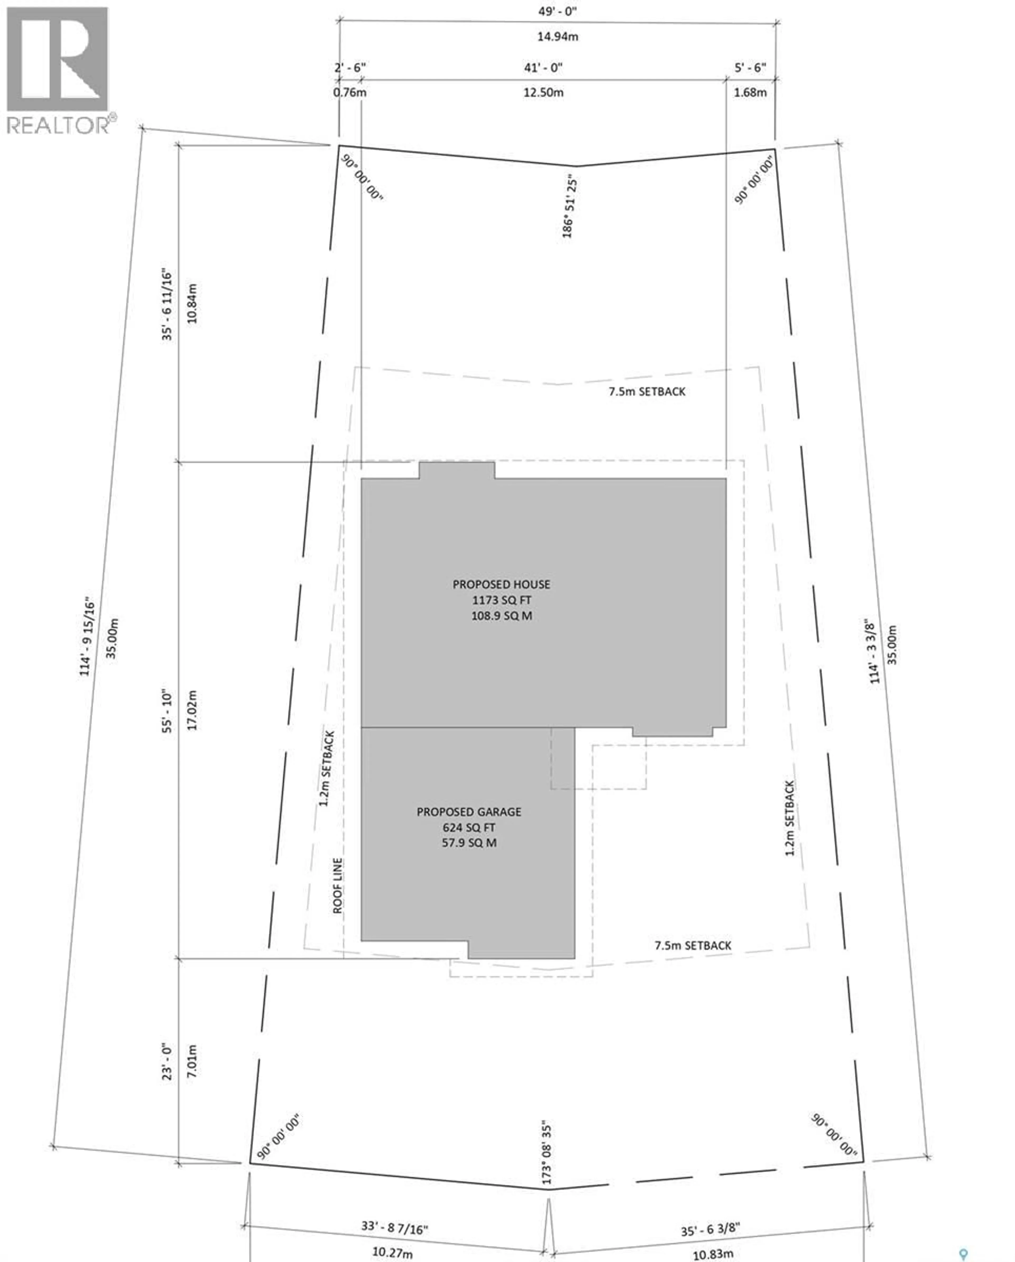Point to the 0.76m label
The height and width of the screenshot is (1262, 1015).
(349, 93)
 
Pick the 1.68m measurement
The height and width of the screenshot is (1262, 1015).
(750, 93)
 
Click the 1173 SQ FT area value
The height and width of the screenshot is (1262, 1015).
(502, 600)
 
